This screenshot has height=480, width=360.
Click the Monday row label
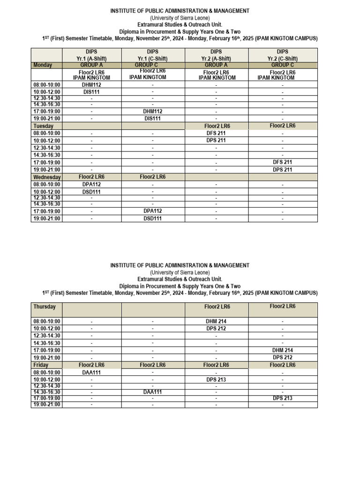(43, 65)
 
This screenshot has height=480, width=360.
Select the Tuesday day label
(44, 126)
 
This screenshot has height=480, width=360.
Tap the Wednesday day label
(47, 177)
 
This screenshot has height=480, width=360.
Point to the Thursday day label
(45, 307)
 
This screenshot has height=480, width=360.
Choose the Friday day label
(41, 365)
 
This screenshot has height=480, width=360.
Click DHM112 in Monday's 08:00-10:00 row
(91, 85)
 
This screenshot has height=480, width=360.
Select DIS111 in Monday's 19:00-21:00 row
(152, 119)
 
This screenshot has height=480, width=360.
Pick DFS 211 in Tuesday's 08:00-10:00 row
(216, 133)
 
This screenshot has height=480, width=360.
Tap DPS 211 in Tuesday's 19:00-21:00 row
(283, 170)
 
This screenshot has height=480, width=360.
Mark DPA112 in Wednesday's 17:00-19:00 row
(152, 211)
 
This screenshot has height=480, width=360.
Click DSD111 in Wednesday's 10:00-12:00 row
(91, 192)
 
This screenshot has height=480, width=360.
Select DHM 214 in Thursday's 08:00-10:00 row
(216, 322)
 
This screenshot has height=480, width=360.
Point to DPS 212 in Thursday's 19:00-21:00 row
(283, 357)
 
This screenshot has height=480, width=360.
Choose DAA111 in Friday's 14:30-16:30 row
(152, 392)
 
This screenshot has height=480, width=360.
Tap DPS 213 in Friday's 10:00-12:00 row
(216, 380)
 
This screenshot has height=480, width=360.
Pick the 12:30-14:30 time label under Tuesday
(46, 148)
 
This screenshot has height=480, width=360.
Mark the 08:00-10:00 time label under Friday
(46, 372)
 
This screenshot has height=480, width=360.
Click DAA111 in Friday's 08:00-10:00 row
(91, 372)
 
